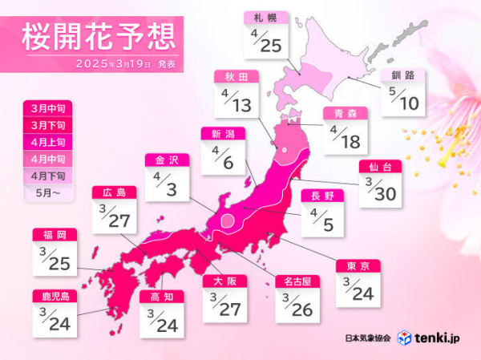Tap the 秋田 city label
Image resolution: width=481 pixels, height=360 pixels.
[236, 77]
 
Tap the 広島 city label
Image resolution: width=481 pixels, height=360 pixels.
[114, 192]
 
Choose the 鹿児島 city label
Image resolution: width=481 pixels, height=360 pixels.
[54, 297]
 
